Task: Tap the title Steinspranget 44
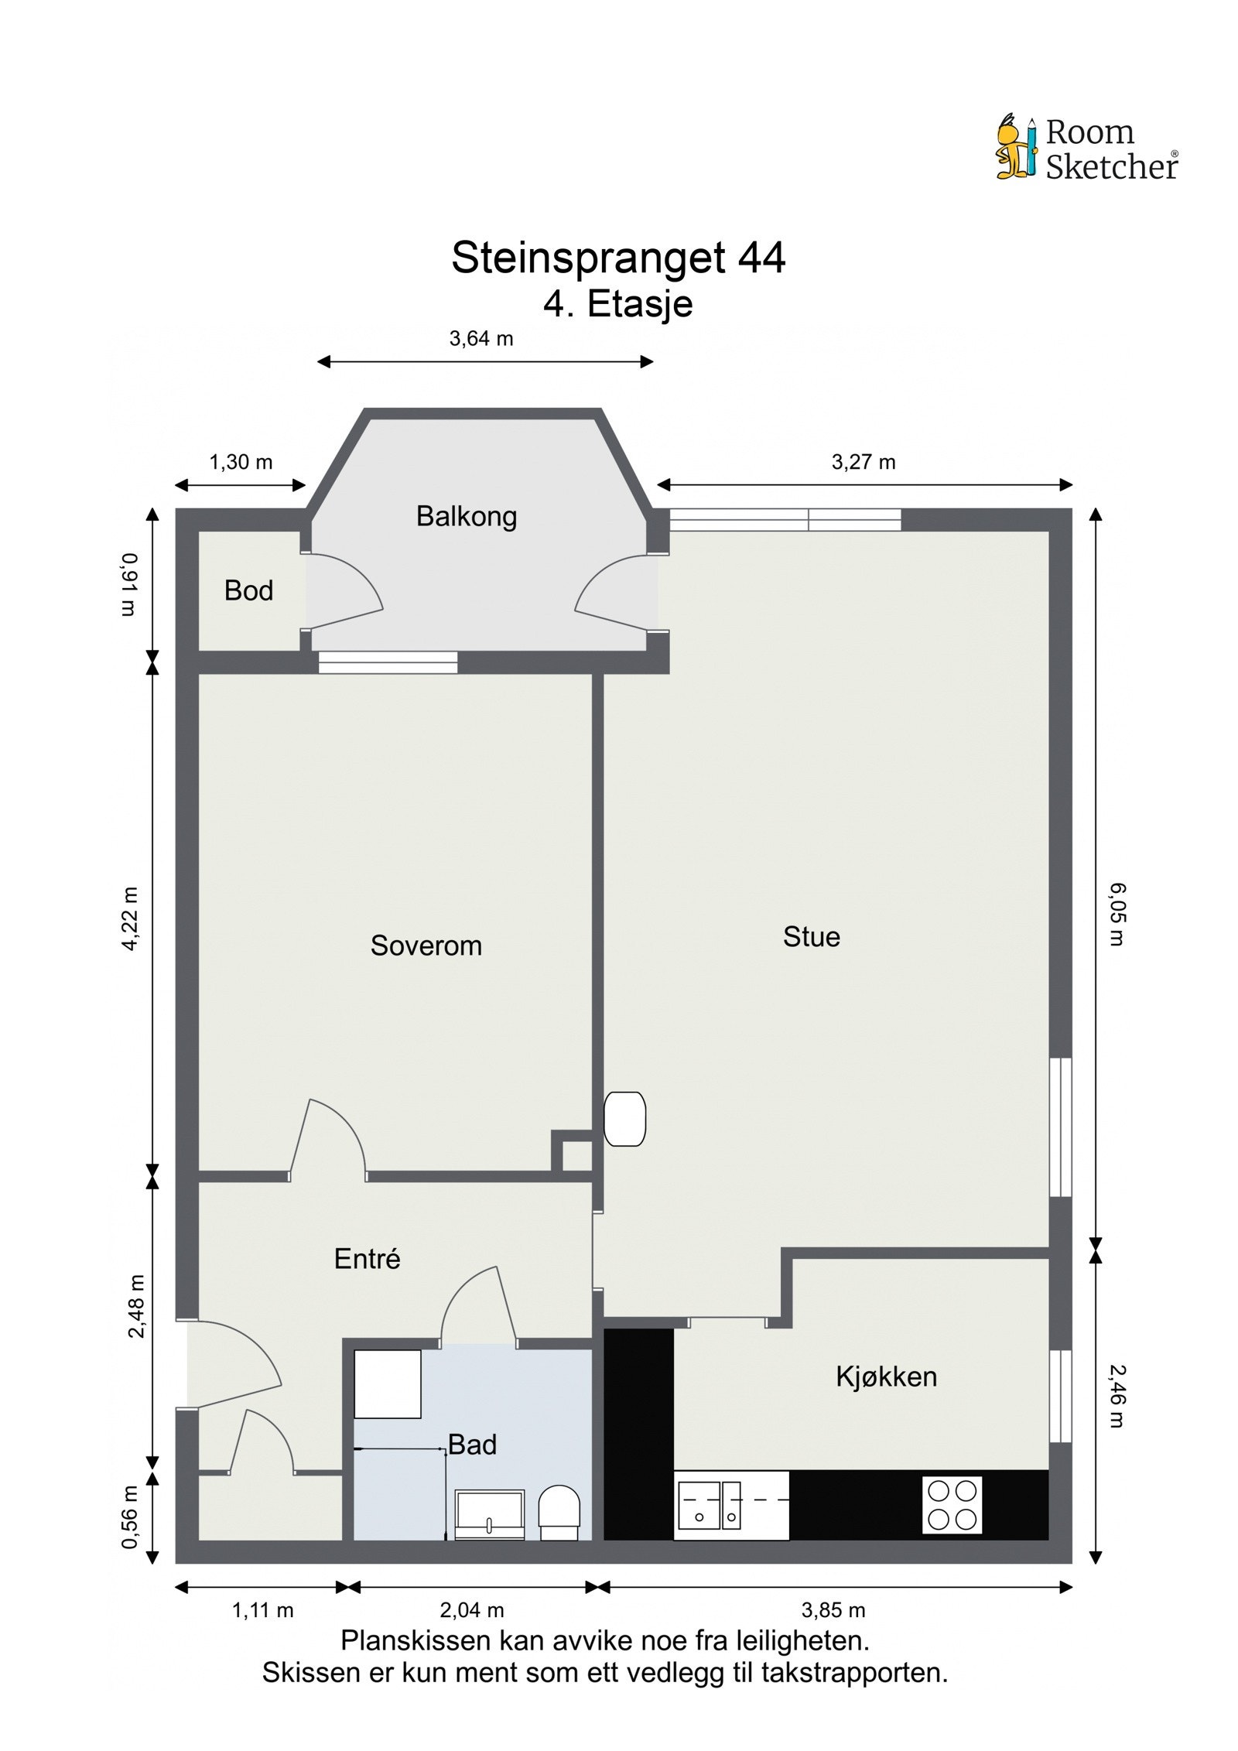point(618,258)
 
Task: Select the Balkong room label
point(467,517)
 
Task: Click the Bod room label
point(248,591)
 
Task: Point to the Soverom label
point(426,946)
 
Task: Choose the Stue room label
point(811,937)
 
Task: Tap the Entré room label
point(367,1259)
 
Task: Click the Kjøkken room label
point(886,1377)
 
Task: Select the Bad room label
point(472,1445)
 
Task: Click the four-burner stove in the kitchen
point(952,1505)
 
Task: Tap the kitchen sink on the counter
point(709,1506)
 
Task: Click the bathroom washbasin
point(489,1514)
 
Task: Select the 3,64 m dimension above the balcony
point(481,339)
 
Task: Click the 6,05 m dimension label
point(1117,915)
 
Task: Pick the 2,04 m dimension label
point(471,1610)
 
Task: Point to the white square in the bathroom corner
point(388,1384)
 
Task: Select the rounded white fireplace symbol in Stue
point(624,1118)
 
